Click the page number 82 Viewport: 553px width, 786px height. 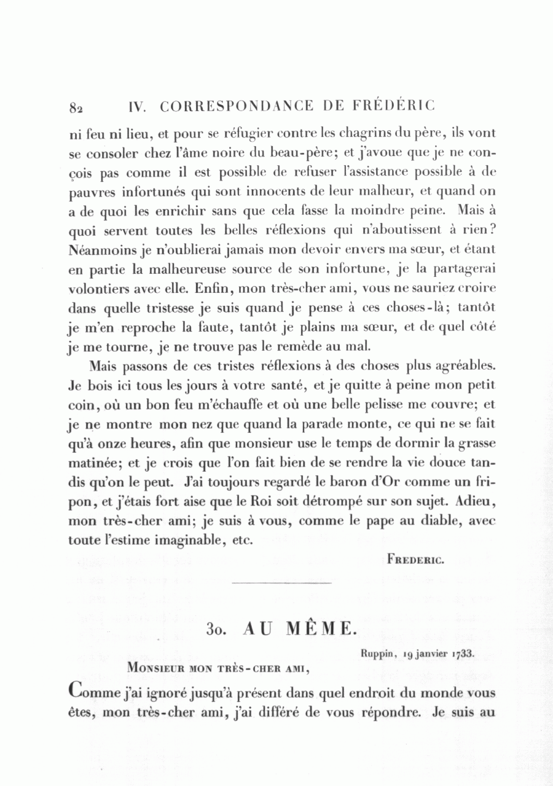(76, 108)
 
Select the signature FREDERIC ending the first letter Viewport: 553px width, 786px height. (415, 559)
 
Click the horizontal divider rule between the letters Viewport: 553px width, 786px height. (283, 582)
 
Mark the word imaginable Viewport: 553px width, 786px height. (196, 541)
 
